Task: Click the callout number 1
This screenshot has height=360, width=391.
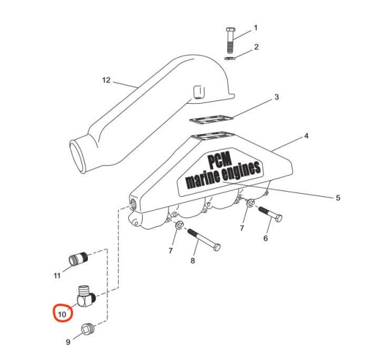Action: pyautogui.click(x=255, y=27)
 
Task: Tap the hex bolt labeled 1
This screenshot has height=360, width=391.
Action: pyautogui.click(x=230, y=40)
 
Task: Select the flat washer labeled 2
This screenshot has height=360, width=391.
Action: pyautogui.click(x=229, y=59)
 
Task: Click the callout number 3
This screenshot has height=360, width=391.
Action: pyautogui.click(x=276, y=97)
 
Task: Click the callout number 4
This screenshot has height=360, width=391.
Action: pyautogui.click(x=306, y=136)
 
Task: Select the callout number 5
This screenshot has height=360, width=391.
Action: pyautogui.click(x=338, y=198)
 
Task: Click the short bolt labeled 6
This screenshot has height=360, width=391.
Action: pyautogui.click(x=270, y=215)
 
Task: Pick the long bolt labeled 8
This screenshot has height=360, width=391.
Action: pyautogui.click(x=204, y=239)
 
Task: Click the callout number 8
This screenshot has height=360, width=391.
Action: pyautogui.click(x=192, y=261)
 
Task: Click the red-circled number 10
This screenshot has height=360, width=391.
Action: pyautogui.click(x=62, y=314)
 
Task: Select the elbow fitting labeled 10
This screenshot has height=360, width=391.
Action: pyautogui.click(x=86, y=296)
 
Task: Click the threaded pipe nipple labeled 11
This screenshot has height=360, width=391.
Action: pyautogui.click(x=78, y=259)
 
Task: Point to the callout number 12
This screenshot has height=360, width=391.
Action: pyautogui.click(x=106, y=80)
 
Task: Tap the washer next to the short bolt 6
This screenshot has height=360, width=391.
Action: pyautogui.click(x=251, y=203)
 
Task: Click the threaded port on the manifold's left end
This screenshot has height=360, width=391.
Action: pyautogui.click(x=133, y=202)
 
